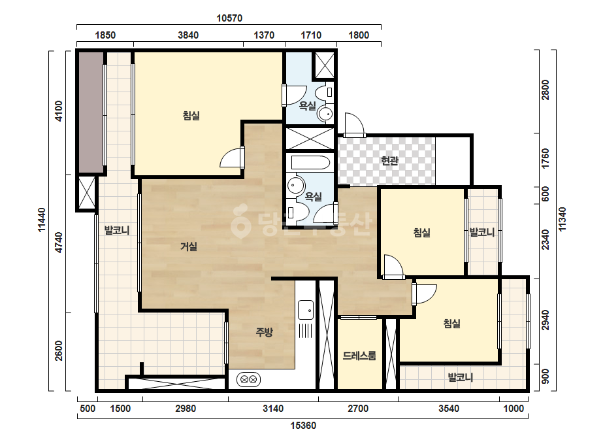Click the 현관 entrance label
click(389, 161)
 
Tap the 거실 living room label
click(189, 246)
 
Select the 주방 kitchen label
click(264, 331)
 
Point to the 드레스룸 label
click(359, 356)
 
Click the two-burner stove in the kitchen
click(248, 380)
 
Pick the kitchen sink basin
click(306, 310)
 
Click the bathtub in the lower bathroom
click(310, 162)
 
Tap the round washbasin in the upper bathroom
click(325, 114)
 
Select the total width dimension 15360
click(303, 426)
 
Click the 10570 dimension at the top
click(229, 18)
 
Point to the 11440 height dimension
click(42, 220)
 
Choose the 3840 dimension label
click(188, 35)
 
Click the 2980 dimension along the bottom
click(186, 409)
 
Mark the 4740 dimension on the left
click(58, 242)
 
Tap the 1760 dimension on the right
click(546, 158)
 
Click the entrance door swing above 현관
click(354, 124)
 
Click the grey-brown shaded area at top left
click(91, 112)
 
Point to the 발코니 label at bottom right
click(461, 377)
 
